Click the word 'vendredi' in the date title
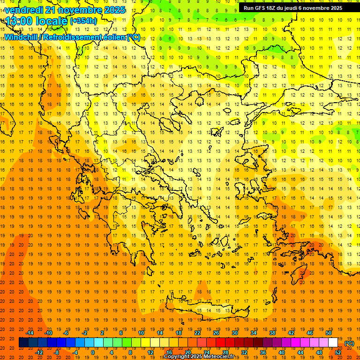tap(24, 10)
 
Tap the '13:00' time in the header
tap(19, 21)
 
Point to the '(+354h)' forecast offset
tap(83, 21)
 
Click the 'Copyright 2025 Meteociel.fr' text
tap(199, 357)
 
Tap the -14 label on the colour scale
tap(30, 332)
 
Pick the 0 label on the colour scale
tap(92, 352)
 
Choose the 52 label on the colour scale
tap(338, 352)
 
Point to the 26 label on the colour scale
tap(216, 332)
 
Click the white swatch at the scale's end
tap(333, 343)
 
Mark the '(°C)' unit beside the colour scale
tap(349, 343)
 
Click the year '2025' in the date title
tap(114, 10)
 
